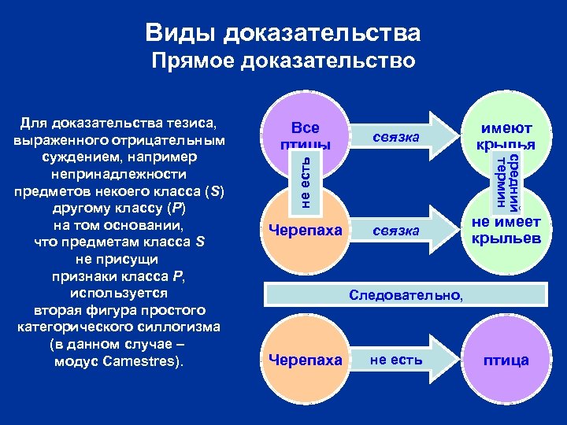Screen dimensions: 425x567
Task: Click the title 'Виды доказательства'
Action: tap(283, 33)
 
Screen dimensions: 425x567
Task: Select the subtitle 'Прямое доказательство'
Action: tap(283, 61)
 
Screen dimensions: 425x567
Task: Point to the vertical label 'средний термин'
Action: tap(506, 183)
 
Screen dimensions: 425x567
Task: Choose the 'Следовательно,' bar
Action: tap(406, 295)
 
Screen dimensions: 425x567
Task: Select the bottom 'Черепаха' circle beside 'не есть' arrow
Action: tap(306, 360)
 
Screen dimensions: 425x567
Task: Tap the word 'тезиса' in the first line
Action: tap(195, 124)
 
